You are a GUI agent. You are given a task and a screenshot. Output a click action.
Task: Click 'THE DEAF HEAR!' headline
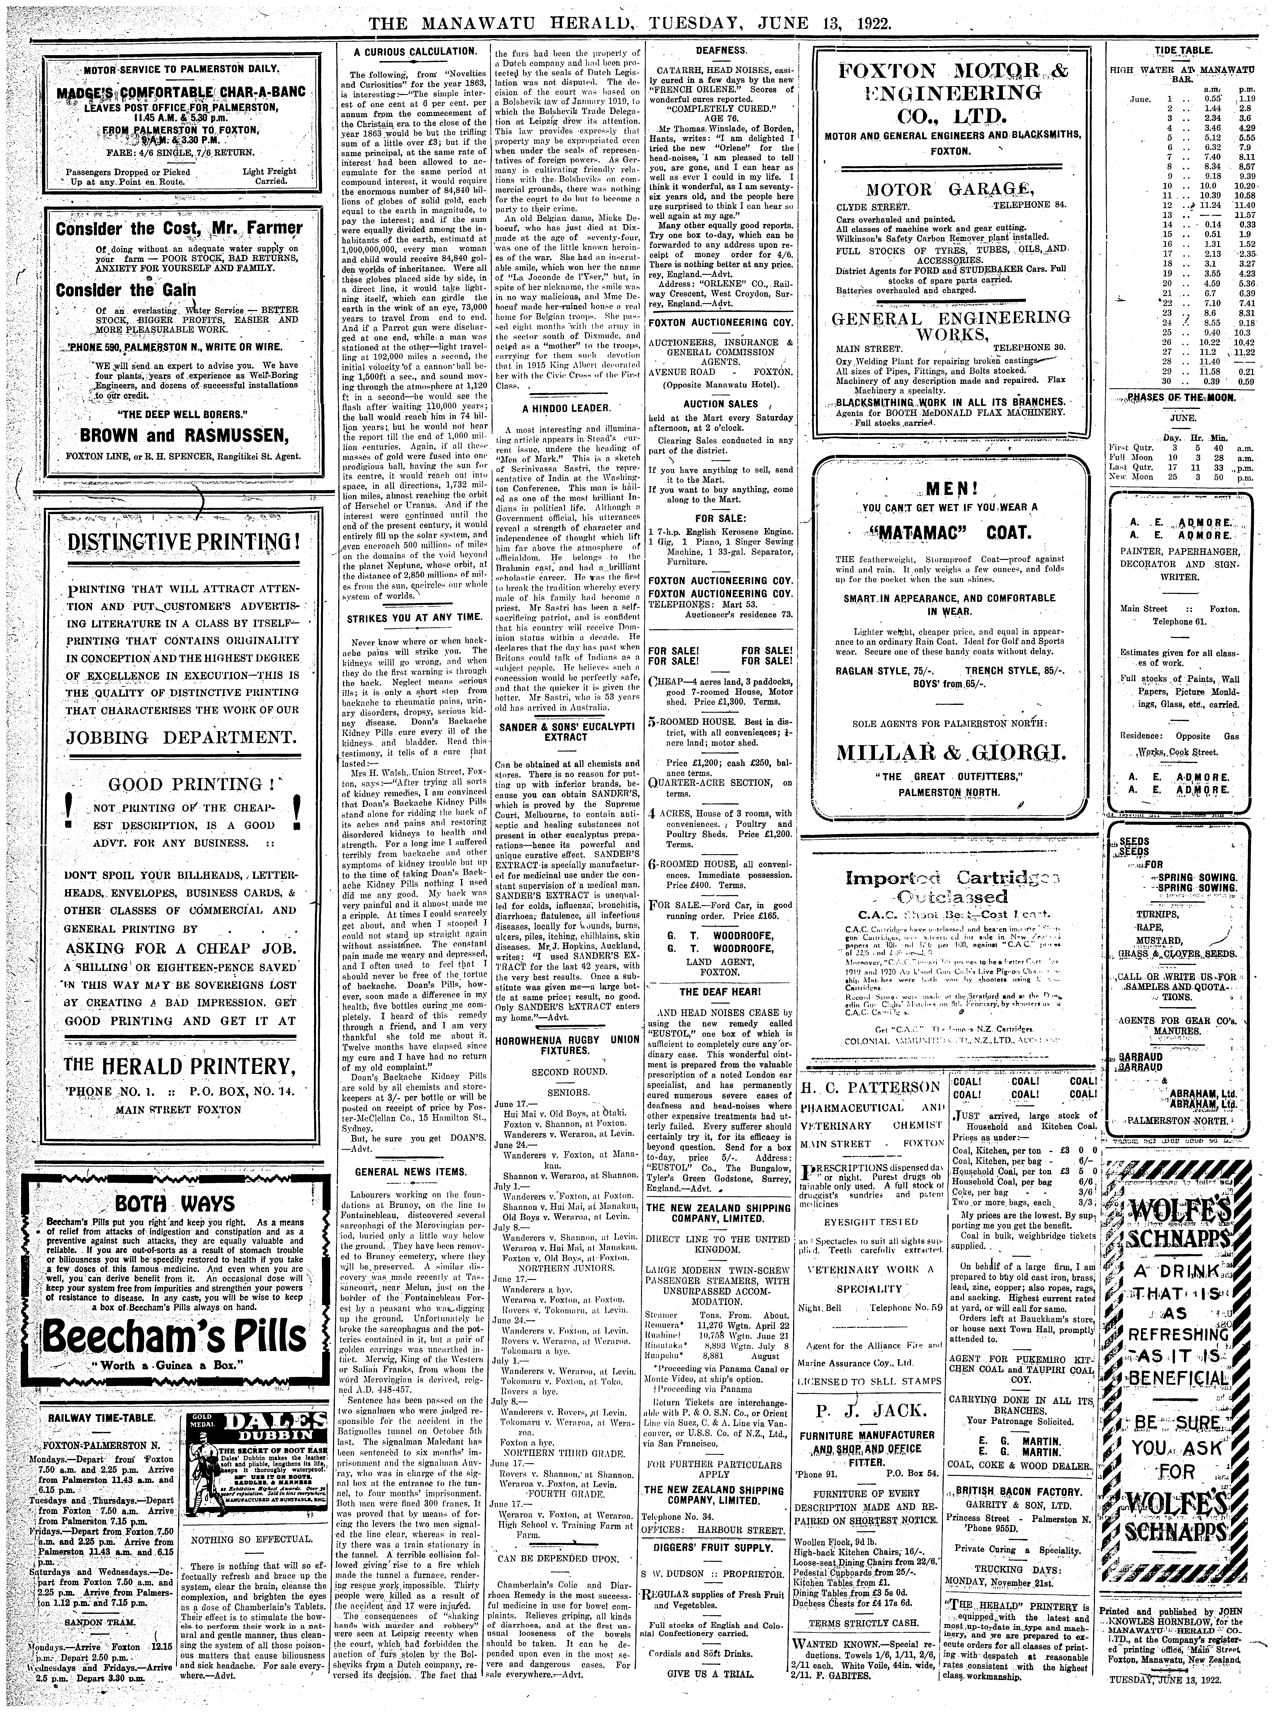click(x=720, y=991)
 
